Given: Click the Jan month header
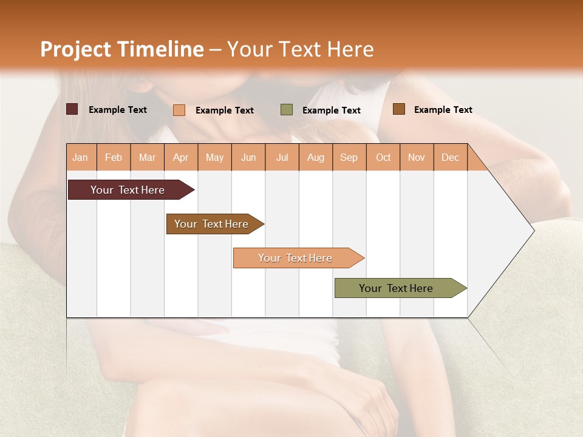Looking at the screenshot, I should [81, 157].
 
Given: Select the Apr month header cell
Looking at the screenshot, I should [181, 157].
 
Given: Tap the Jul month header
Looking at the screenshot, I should [282, 157].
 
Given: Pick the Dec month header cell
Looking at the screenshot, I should [450, 157].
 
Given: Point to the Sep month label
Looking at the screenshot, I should [349, 157].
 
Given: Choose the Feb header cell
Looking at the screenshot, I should [114, 157].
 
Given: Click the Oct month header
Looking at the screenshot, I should [383, 157].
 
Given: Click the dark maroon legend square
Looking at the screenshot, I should [72, 109].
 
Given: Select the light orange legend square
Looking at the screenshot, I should [179, 110].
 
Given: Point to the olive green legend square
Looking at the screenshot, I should [287, 110].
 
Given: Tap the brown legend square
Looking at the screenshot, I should [399, 109].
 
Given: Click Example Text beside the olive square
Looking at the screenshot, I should [331, 110].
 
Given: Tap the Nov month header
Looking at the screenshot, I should [417, 157].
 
